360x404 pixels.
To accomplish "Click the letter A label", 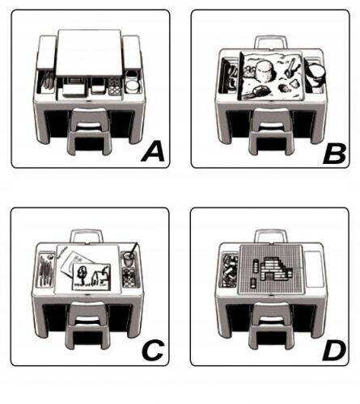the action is (153, 152).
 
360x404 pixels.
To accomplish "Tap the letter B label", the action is (335, 154).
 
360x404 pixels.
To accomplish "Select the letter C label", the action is (153, 350).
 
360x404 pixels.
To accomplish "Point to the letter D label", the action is (334, 351).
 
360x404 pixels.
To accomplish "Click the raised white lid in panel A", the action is (89, 53).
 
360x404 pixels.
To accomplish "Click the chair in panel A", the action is (89, 131).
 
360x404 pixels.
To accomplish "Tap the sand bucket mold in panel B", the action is (265, 72).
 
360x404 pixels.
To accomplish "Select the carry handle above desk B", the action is (271, 42).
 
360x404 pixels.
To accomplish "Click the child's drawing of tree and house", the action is (91, 276).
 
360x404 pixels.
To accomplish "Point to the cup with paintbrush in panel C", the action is (129, 258).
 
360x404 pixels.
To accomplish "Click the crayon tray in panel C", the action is (46, 269).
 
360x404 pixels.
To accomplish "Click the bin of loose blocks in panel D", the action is (229, 270).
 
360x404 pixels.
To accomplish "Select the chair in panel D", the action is (271, 326).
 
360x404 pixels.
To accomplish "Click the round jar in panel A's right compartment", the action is (133, 86).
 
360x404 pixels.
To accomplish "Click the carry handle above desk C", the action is (87, 236).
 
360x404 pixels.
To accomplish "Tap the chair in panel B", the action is (271, 131).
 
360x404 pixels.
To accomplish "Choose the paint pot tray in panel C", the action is (130, 277).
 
